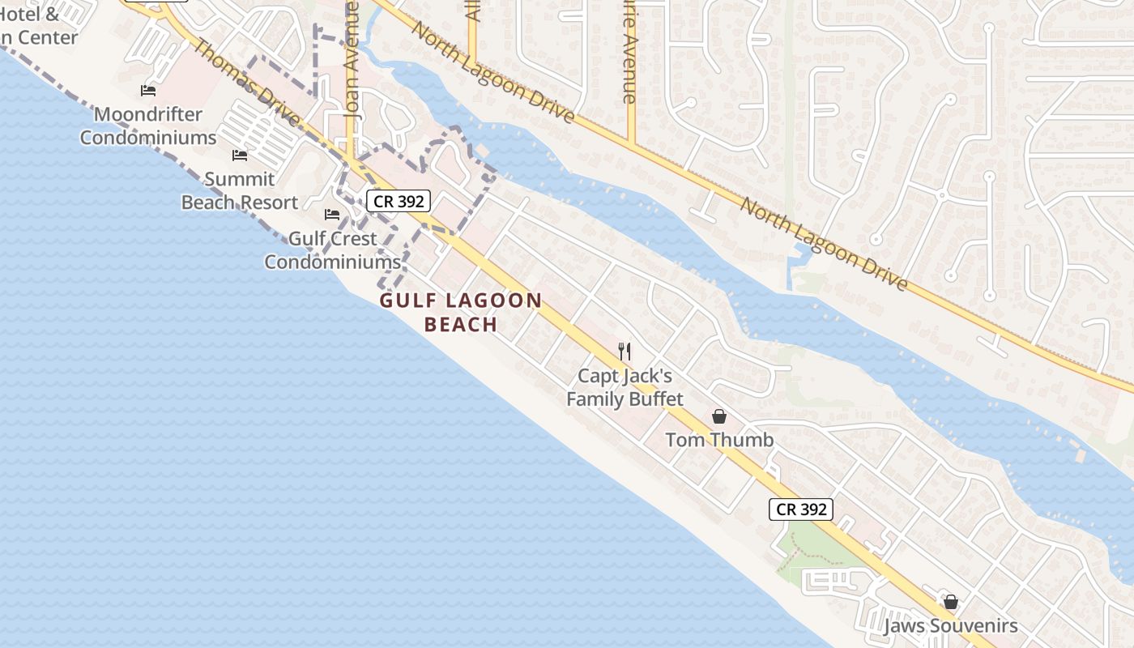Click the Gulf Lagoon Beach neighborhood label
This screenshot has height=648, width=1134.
pos(461,312)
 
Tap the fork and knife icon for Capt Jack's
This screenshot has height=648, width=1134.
pos(625,351)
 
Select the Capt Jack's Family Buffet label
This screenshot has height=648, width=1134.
pos(625,388)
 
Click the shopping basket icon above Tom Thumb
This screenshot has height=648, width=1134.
pos(719,416)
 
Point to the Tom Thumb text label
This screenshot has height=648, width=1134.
pos(719,440)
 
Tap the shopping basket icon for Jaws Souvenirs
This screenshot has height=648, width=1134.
pos(951,602)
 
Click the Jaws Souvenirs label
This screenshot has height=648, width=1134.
pos(950,625)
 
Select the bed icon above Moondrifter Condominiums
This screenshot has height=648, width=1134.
pos(148,90)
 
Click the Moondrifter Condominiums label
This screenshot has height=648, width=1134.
pos(148,126)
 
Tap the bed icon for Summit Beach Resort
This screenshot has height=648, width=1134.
pos(240,155)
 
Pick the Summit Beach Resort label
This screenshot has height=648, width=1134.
pos(240,190)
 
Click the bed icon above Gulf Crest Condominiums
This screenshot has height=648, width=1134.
pos(332,215)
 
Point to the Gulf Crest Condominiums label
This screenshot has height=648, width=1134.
pos(333,250)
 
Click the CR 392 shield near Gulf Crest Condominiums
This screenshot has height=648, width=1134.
pos(398,201)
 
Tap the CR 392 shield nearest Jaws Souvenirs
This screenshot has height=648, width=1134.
pos(800,509)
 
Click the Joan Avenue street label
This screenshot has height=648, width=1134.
pos(351,61)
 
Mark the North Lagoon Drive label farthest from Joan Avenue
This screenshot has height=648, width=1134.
pos(824,244)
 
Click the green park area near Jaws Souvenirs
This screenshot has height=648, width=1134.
pos(814,544)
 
